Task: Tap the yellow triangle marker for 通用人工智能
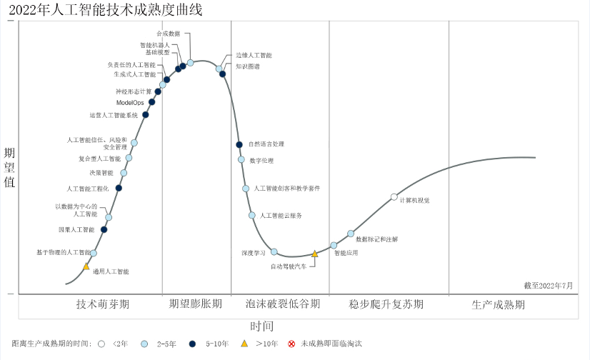click(86, 266)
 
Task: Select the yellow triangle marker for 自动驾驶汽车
click(314, 254)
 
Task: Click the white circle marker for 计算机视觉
click(394, 197)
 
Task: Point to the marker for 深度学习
click(274, 251)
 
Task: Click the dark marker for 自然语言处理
click(239, 145)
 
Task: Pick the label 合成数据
click(168, 34)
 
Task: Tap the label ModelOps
click(130, 103)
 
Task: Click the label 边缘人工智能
click(254, 55)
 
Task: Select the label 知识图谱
click(248, 66)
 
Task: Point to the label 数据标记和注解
click(377, 239)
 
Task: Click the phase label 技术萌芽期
click(103, 304)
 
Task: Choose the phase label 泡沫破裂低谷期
click(282, 304)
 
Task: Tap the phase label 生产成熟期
click(498, 304)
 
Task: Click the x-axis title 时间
click(263, 326)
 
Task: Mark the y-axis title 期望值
click(9, 167)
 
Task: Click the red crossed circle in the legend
click(291, 344)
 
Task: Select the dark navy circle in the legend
click(192, 344)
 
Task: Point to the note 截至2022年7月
click(548, 285)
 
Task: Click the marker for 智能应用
click(334, 245)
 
